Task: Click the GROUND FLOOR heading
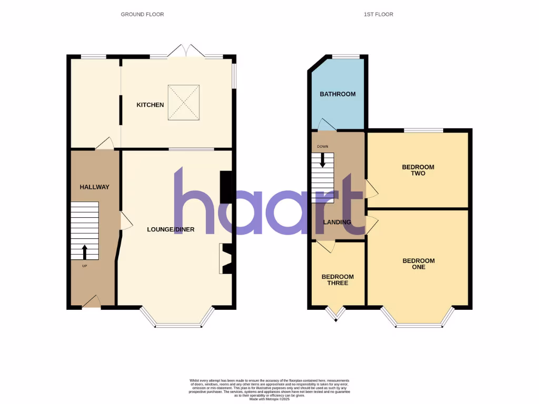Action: point(142,14)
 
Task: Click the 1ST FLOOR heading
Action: point(378,14)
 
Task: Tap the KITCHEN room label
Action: point(150,105)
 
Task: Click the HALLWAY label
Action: point(94,187)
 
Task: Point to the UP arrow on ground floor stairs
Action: point(84,251)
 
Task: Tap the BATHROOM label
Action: point(337,94)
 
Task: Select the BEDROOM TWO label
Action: point(418,170)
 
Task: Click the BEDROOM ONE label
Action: point(418,264)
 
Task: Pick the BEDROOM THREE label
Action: point(337,280)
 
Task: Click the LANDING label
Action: point(337,222)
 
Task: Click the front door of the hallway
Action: point(92,301)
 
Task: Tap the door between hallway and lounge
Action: point(125,220)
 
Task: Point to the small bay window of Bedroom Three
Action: point(335,314)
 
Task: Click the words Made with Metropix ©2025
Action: point(269,399)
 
